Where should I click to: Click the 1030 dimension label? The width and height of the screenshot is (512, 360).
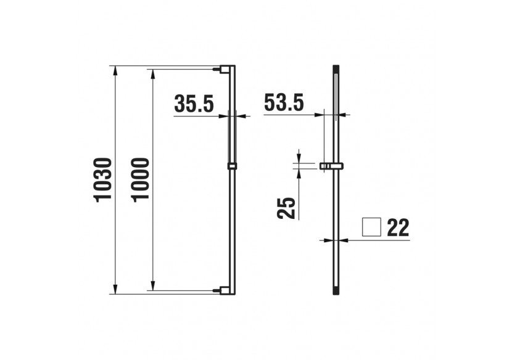coord(102,179)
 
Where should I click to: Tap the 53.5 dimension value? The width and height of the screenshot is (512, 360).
coord(284,103)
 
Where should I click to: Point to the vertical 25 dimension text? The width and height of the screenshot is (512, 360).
coord(286,208)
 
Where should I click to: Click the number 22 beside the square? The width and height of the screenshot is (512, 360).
coord(398,227)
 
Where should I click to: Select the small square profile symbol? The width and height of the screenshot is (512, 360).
coord(371,227)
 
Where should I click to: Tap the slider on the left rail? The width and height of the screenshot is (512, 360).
coord(232,166)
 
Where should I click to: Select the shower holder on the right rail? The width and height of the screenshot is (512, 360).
coord(331,166)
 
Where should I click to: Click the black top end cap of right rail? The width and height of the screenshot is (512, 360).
coord(336,68)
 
